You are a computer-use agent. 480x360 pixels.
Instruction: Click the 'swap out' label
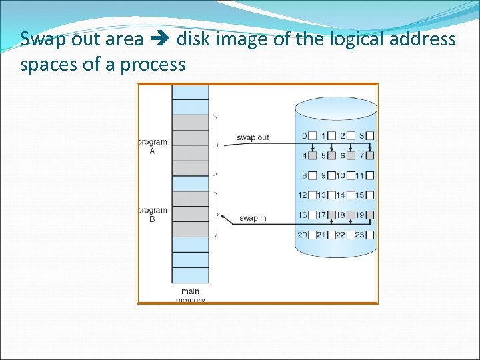(253, 137)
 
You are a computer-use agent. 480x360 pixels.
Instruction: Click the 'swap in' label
(253, 218)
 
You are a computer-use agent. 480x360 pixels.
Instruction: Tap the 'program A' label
(153, 146)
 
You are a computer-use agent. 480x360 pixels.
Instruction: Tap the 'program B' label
(153, 215)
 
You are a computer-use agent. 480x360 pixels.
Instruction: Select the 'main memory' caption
(190, 295)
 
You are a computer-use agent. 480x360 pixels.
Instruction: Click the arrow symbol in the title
(160, 39)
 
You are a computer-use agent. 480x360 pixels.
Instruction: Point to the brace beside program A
(215, 145)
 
